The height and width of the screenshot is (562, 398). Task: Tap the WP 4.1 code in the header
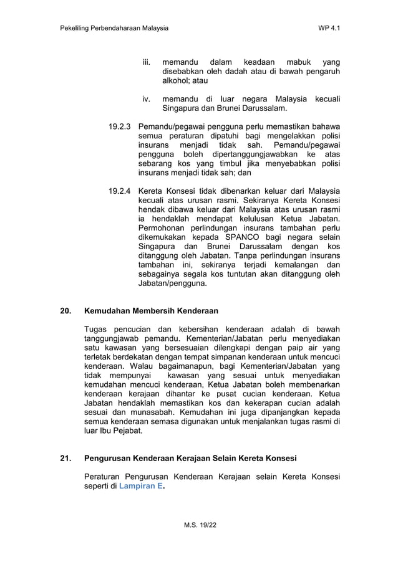pyautogui.click(x=329, y=29)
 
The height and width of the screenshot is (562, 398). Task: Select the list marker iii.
pyautogui.click(x=147, y=62)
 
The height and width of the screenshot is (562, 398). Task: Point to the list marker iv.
pyautogui.click(x=147, y=99)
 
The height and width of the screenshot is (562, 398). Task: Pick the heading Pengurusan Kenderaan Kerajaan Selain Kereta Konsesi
pyautogui.click(x=190, y=459)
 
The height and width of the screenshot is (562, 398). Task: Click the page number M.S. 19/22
pyautogui.click(x=199, y=526)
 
